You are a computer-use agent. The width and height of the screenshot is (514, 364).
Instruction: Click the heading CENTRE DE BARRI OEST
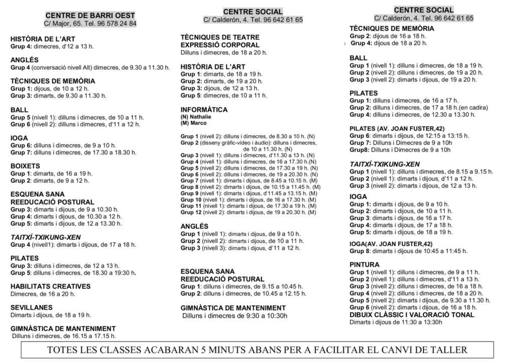(90, 16)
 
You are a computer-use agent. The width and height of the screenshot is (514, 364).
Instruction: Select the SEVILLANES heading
(32, 307)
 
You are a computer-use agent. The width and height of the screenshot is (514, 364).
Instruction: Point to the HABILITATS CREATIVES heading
(50, 286)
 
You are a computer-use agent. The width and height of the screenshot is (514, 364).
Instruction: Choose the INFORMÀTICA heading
(204, 110)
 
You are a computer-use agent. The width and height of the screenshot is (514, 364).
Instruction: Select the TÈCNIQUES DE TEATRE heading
(220, 37)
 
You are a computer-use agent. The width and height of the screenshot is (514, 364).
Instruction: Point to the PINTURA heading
(364, 264)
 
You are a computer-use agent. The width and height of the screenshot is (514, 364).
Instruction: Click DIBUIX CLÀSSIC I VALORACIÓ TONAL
(412, 315)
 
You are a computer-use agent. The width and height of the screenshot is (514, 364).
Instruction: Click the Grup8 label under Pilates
(359, 149)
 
